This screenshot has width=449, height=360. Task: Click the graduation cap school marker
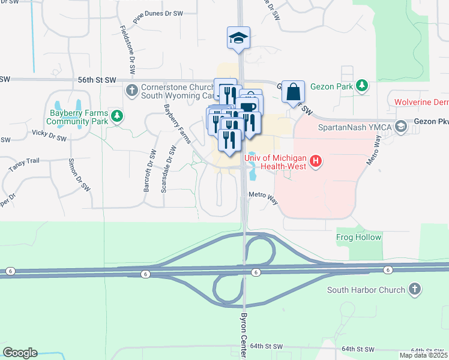click(238, 38)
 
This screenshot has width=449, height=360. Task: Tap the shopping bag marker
click(293, 92)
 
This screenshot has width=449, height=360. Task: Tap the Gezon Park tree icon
click(362, 86)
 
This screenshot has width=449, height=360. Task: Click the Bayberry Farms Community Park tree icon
click(118, 116)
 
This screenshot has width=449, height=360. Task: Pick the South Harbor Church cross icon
click(414, 290)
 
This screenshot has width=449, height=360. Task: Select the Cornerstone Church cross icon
click(131, 91)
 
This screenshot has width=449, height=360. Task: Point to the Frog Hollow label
click(359, 237)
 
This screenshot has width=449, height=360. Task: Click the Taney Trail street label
click(24, 161)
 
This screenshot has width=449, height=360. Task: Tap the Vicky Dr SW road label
click(48, 137)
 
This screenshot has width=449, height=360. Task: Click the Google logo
click(20, 353)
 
